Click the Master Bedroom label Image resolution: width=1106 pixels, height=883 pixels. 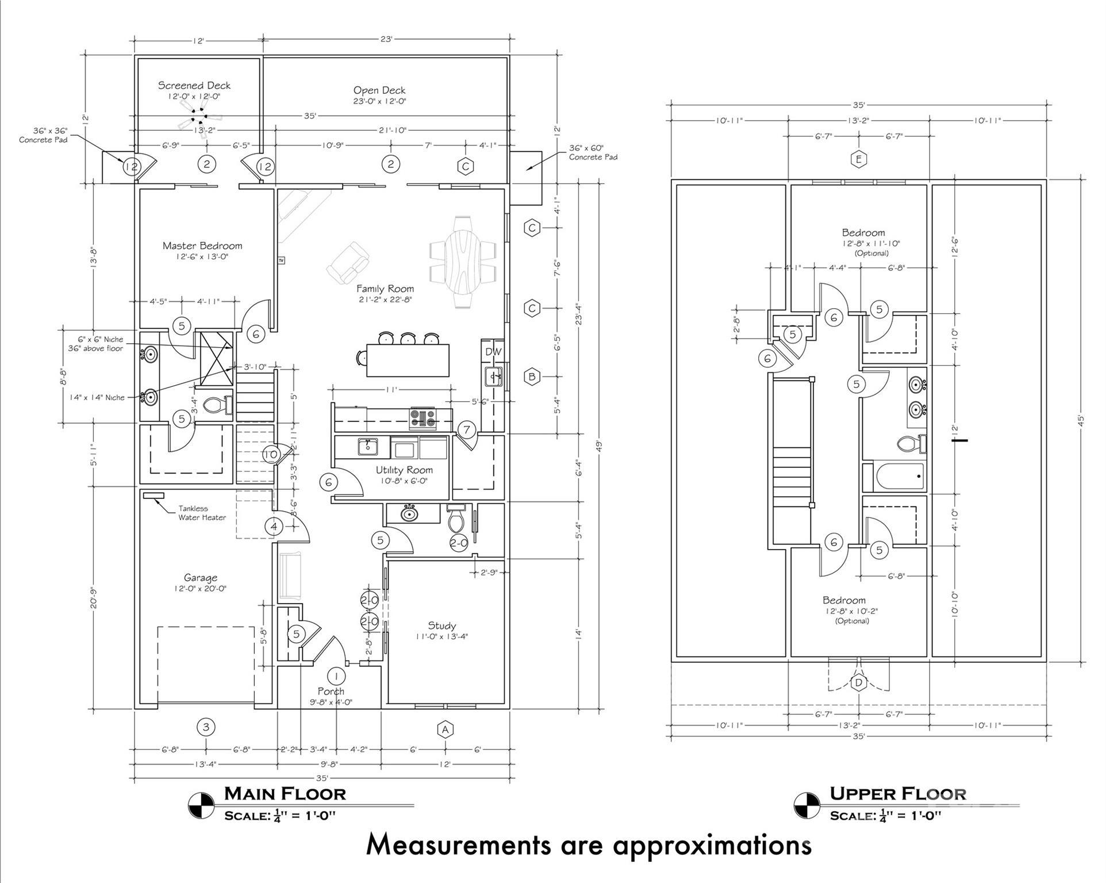click(x=202, y=246)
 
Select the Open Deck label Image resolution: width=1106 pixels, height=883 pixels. click(x=379, y=90)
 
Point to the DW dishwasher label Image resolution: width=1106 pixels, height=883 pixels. click(x=493, y=352)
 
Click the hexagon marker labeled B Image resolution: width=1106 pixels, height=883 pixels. click(x=532, y=377)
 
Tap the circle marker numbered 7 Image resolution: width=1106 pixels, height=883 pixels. click(x=467, y=429)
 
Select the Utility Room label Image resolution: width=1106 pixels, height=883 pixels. click(x=404, y=470)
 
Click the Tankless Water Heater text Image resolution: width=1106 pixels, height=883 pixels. click(x=201, y=513)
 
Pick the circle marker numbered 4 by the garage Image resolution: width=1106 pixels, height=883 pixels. click(x=274, y=526)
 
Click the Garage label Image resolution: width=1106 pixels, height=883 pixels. click(x=201, y=578)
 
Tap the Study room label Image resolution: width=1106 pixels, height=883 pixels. click(x=441, y=625)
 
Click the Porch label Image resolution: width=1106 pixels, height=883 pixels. click(x=331, y=691)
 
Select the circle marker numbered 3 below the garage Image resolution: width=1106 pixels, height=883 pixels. click(x=206, y=727)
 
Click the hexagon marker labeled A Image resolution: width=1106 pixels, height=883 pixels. click(x=445, y=730)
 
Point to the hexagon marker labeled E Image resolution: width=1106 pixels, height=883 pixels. click(x=858, y=159)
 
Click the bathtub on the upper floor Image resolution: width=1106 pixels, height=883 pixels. click(x=900, y=477)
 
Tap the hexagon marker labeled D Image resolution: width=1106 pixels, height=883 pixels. click(x=859, y=683)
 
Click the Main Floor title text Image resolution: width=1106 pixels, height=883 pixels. click(x=285, y=794)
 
